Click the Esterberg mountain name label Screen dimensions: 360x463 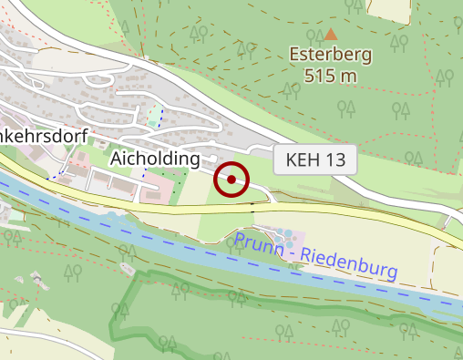331,55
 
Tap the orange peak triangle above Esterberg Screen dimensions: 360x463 330,35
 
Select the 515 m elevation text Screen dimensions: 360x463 331,76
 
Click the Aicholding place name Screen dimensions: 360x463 155,159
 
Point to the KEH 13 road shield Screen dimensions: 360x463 315,160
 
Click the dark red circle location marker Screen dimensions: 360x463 231,180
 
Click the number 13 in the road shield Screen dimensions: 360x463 334,160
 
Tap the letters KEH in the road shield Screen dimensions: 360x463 304,160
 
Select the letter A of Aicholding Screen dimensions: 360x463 117,159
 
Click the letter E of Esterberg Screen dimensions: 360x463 295,55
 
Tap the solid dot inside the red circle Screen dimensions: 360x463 231,180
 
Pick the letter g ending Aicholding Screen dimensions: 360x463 193,161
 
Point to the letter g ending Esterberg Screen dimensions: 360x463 366,57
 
